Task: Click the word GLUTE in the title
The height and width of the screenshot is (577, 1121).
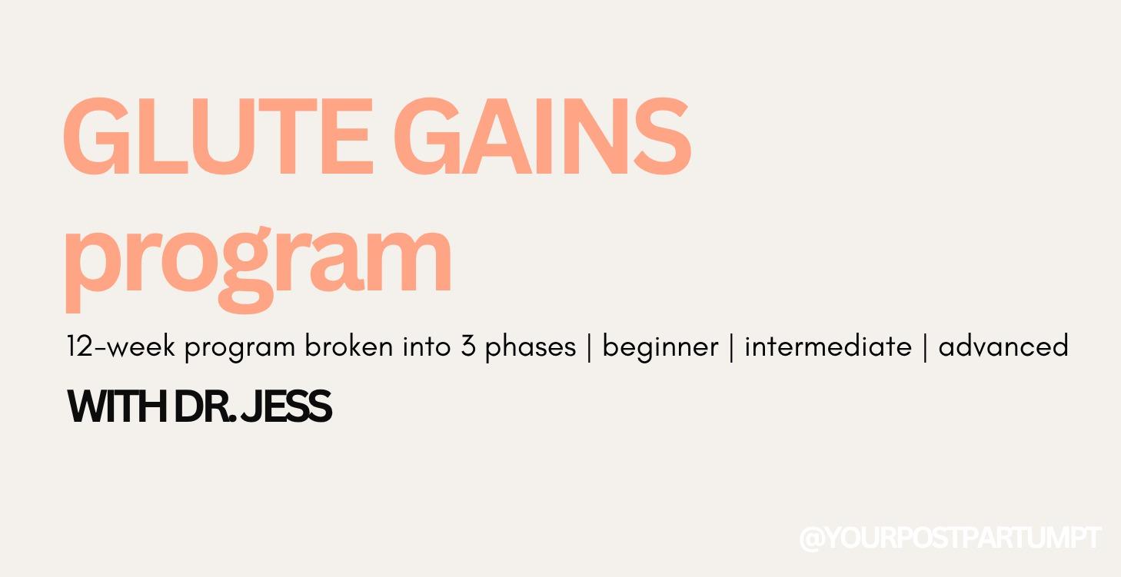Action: (217, 138)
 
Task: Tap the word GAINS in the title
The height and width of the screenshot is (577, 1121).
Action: (547, 138)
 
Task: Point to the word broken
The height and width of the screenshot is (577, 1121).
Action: (349, 347)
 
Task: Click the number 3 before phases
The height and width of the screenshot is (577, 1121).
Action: (468, 347)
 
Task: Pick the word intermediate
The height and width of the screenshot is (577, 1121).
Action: (828, 347)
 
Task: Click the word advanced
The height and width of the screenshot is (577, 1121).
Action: (1003, 347)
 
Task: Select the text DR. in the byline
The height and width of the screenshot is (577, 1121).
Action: (205, 407)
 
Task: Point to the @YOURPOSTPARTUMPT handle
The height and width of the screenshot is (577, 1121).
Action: (950, 538)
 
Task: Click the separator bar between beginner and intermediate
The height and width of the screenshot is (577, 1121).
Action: (731, 347)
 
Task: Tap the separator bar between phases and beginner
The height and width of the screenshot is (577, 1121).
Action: (590, 347)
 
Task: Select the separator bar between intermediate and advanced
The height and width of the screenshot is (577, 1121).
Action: (925, 347)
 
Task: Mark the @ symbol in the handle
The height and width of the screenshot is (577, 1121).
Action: (812, 539)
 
